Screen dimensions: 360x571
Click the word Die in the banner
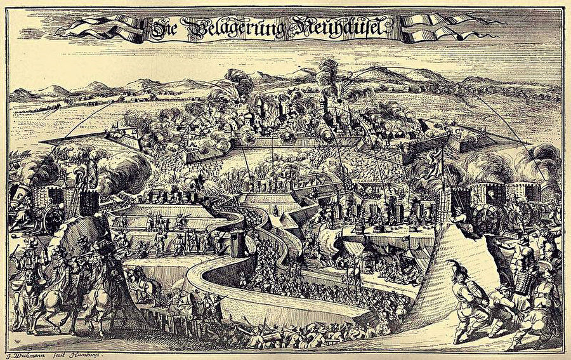[x=164, y=27]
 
